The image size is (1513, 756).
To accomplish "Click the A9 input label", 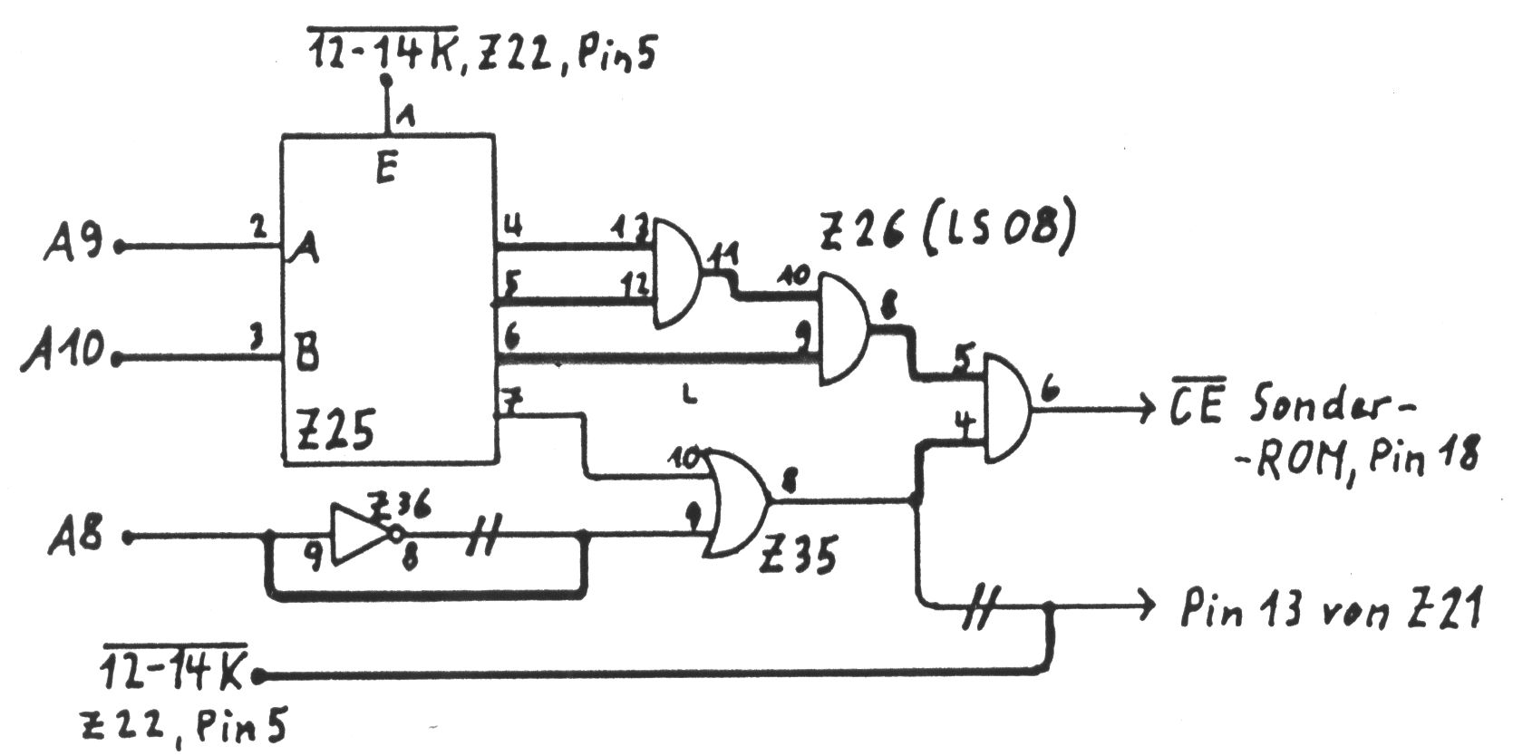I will (74, 244).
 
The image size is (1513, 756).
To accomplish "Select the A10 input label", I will (63, 351).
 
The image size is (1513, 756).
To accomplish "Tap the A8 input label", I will (77, 536).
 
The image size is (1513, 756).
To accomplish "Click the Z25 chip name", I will (335, 431).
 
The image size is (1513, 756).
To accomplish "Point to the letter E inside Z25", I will (386, 169).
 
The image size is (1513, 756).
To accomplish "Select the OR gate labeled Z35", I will (734, 504).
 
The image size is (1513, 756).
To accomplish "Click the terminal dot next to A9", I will (119, 246).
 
